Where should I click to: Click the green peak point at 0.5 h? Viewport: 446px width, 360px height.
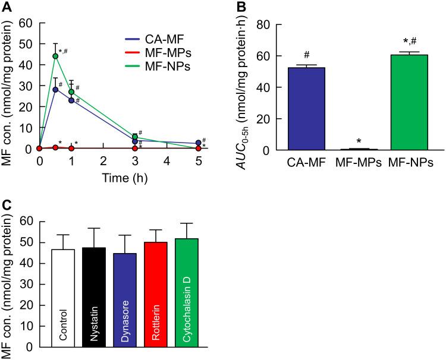pyautogui.click(x=55, y=56)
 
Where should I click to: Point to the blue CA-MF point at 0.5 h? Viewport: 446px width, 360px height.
pyautogui.click(x=55, y=90)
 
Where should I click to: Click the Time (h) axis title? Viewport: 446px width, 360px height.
pyautogui.click(x=118, y=176)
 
